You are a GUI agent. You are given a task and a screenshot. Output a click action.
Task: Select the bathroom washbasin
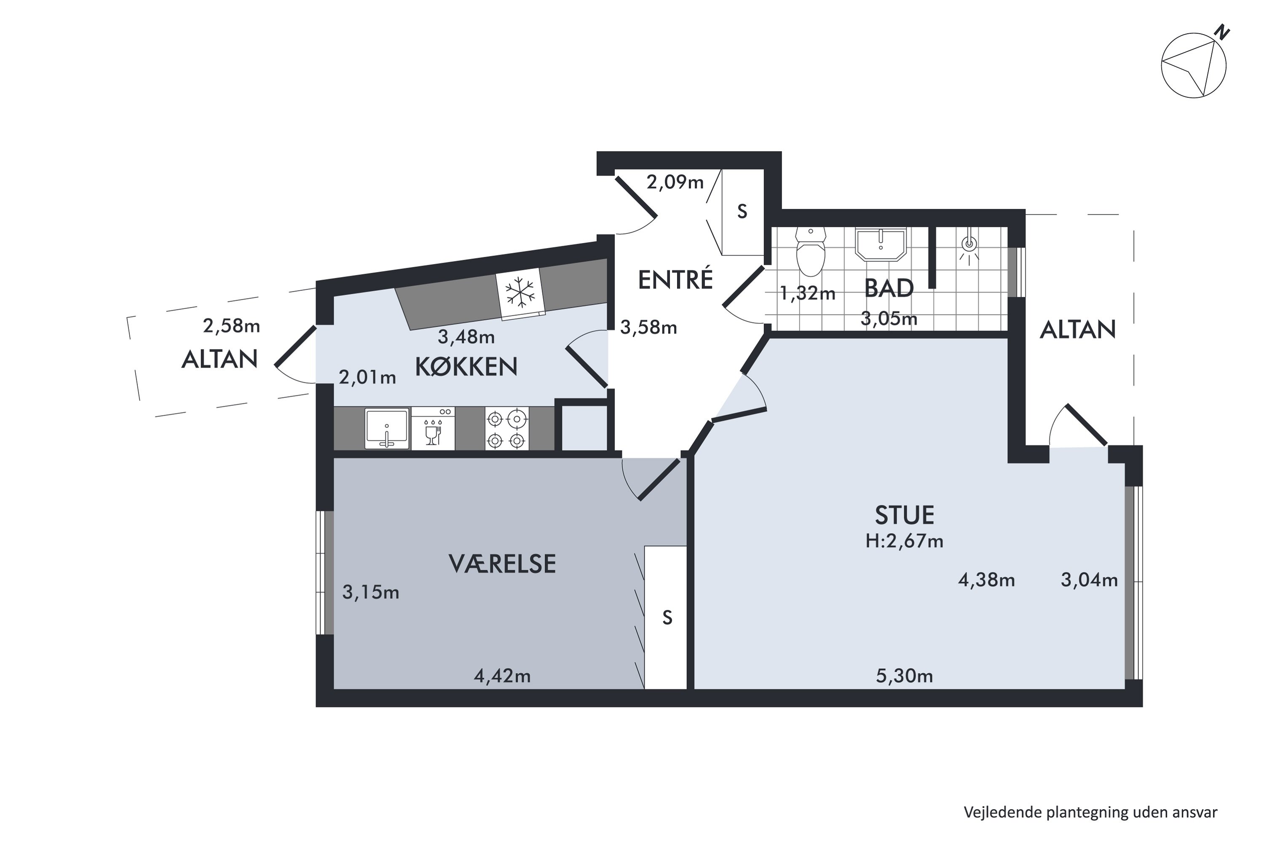[880, 244]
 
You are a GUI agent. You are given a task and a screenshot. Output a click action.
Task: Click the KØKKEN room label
[466, 367]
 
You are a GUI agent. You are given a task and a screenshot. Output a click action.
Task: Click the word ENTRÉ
[675, 279]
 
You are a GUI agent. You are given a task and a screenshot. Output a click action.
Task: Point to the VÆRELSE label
[502, 564]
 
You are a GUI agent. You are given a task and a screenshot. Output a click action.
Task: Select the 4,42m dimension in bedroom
[502, 676]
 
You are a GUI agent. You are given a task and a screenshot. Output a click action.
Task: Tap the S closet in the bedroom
[667, 618]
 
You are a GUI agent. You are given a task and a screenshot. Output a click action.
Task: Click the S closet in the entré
[742, 212]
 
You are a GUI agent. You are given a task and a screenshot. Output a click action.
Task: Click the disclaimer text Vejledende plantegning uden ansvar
[1090, 812]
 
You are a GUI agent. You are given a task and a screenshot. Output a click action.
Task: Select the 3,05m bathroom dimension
[889, 319]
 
